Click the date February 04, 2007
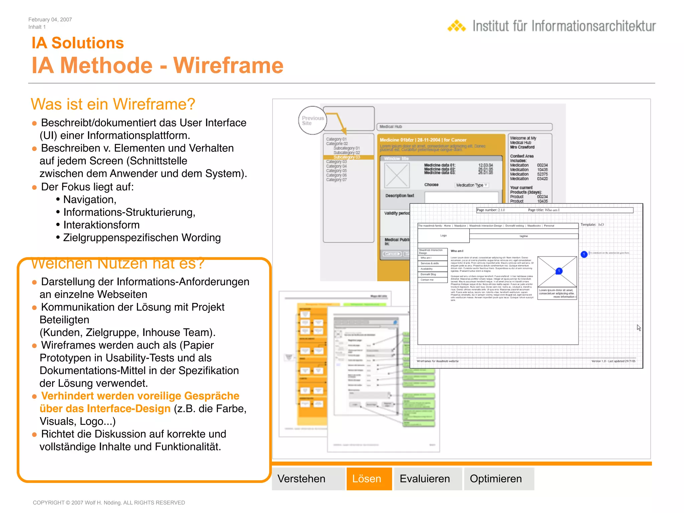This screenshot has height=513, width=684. tap(50, 20)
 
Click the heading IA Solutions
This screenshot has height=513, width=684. tap(77, 43)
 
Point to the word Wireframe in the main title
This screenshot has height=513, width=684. tap(228, 65)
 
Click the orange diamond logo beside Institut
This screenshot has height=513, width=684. tap(457, 26)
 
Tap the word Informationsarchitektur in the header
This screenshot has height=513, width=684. tap(593, 26)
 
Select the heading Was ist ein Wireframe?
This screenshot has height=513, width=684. tap(113, 104)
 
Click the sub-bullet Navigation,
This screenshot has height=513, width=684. tap(90, 199)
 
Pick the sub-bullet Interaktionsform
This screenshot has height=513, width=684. tap(101, 225)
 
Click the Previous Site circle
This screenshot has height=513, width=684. tap(312, 121)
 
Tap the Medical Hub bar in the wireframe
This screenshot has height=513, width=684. tap(464, 127)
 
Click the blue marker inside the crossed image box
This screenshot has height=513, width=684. tap(559, 271)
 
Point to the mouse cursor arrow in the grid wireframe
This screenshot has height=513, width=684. tap(638, 327)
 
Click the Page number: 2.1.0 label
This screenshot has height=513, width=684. tap(491, 210)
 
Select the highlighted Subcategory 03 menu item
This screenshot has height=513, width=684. tap(347, 157)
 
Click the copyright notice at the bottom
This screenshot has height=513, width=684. tap(109, 503)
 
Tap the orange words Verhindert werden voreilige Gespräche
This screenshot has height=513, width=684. tap(140, 396)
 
